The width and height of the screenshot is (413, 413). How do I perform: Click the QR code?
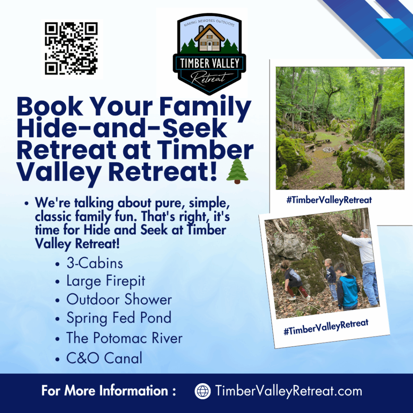coord(71,48)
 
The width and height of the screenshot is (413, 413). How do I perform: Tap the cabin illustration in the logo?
coord(209,38)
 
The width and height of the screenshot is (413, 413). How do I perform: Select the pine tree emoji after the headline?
coord(237,171)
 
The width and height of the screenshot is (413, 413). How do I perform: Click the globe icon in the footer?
coord(202,391)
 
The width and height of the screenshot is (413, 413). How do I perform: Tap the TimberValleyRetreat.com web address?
coord(289,391)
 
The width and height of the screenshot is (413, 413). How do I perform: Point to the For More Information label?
coord(108,390)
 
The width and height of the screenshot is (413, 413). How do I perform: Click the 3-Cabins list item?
coord(94,263)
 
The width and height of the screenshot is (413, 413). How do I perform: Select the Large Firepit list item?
coord(106,281)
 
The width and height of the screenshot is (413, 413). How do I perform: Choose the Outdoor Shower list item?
coord(119,300)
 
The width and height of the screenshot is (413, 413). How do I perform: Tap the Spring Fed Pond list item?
coord(119,318)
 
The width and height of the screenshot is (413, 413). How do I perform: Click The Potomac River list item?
coord(124,338)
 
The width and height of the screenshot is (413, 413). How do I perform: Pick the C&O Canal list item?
coord(104,358)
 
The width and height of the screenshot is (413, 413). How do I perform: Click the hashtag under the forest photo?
coord(329,200)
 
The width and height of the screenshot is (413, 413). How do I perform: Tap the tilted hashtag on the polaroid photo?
coord(326,327)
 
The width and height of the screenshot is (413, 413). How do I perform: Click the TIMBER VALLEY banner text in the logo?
coord(210,63)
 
